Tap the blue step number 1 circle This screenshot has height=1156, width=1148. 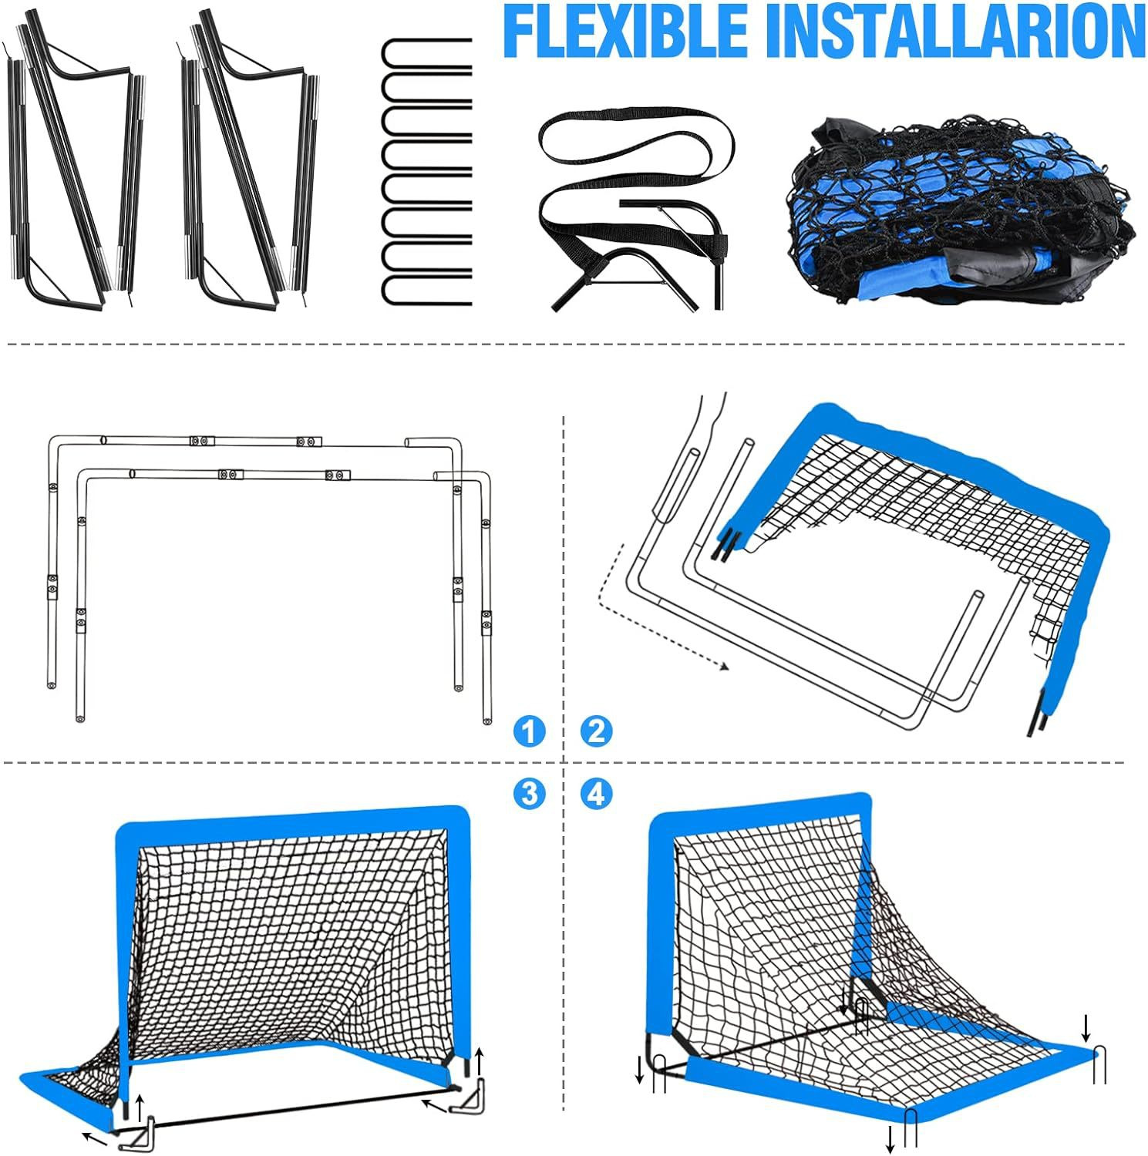pyautogui.click(x=528, y=731)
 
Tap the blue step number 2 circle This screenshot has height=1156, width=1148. pyautogui.click(x=596, y=731)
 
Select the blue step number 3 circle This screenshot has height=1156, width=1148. pyautogui.click(x=528, y=793)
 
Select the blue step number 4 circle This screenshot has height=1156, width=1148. pyautogui.click(x=596, y=793)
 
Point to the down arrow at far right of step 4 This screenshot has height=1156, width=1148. pyautogui.click(x=1086, y=1027)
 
